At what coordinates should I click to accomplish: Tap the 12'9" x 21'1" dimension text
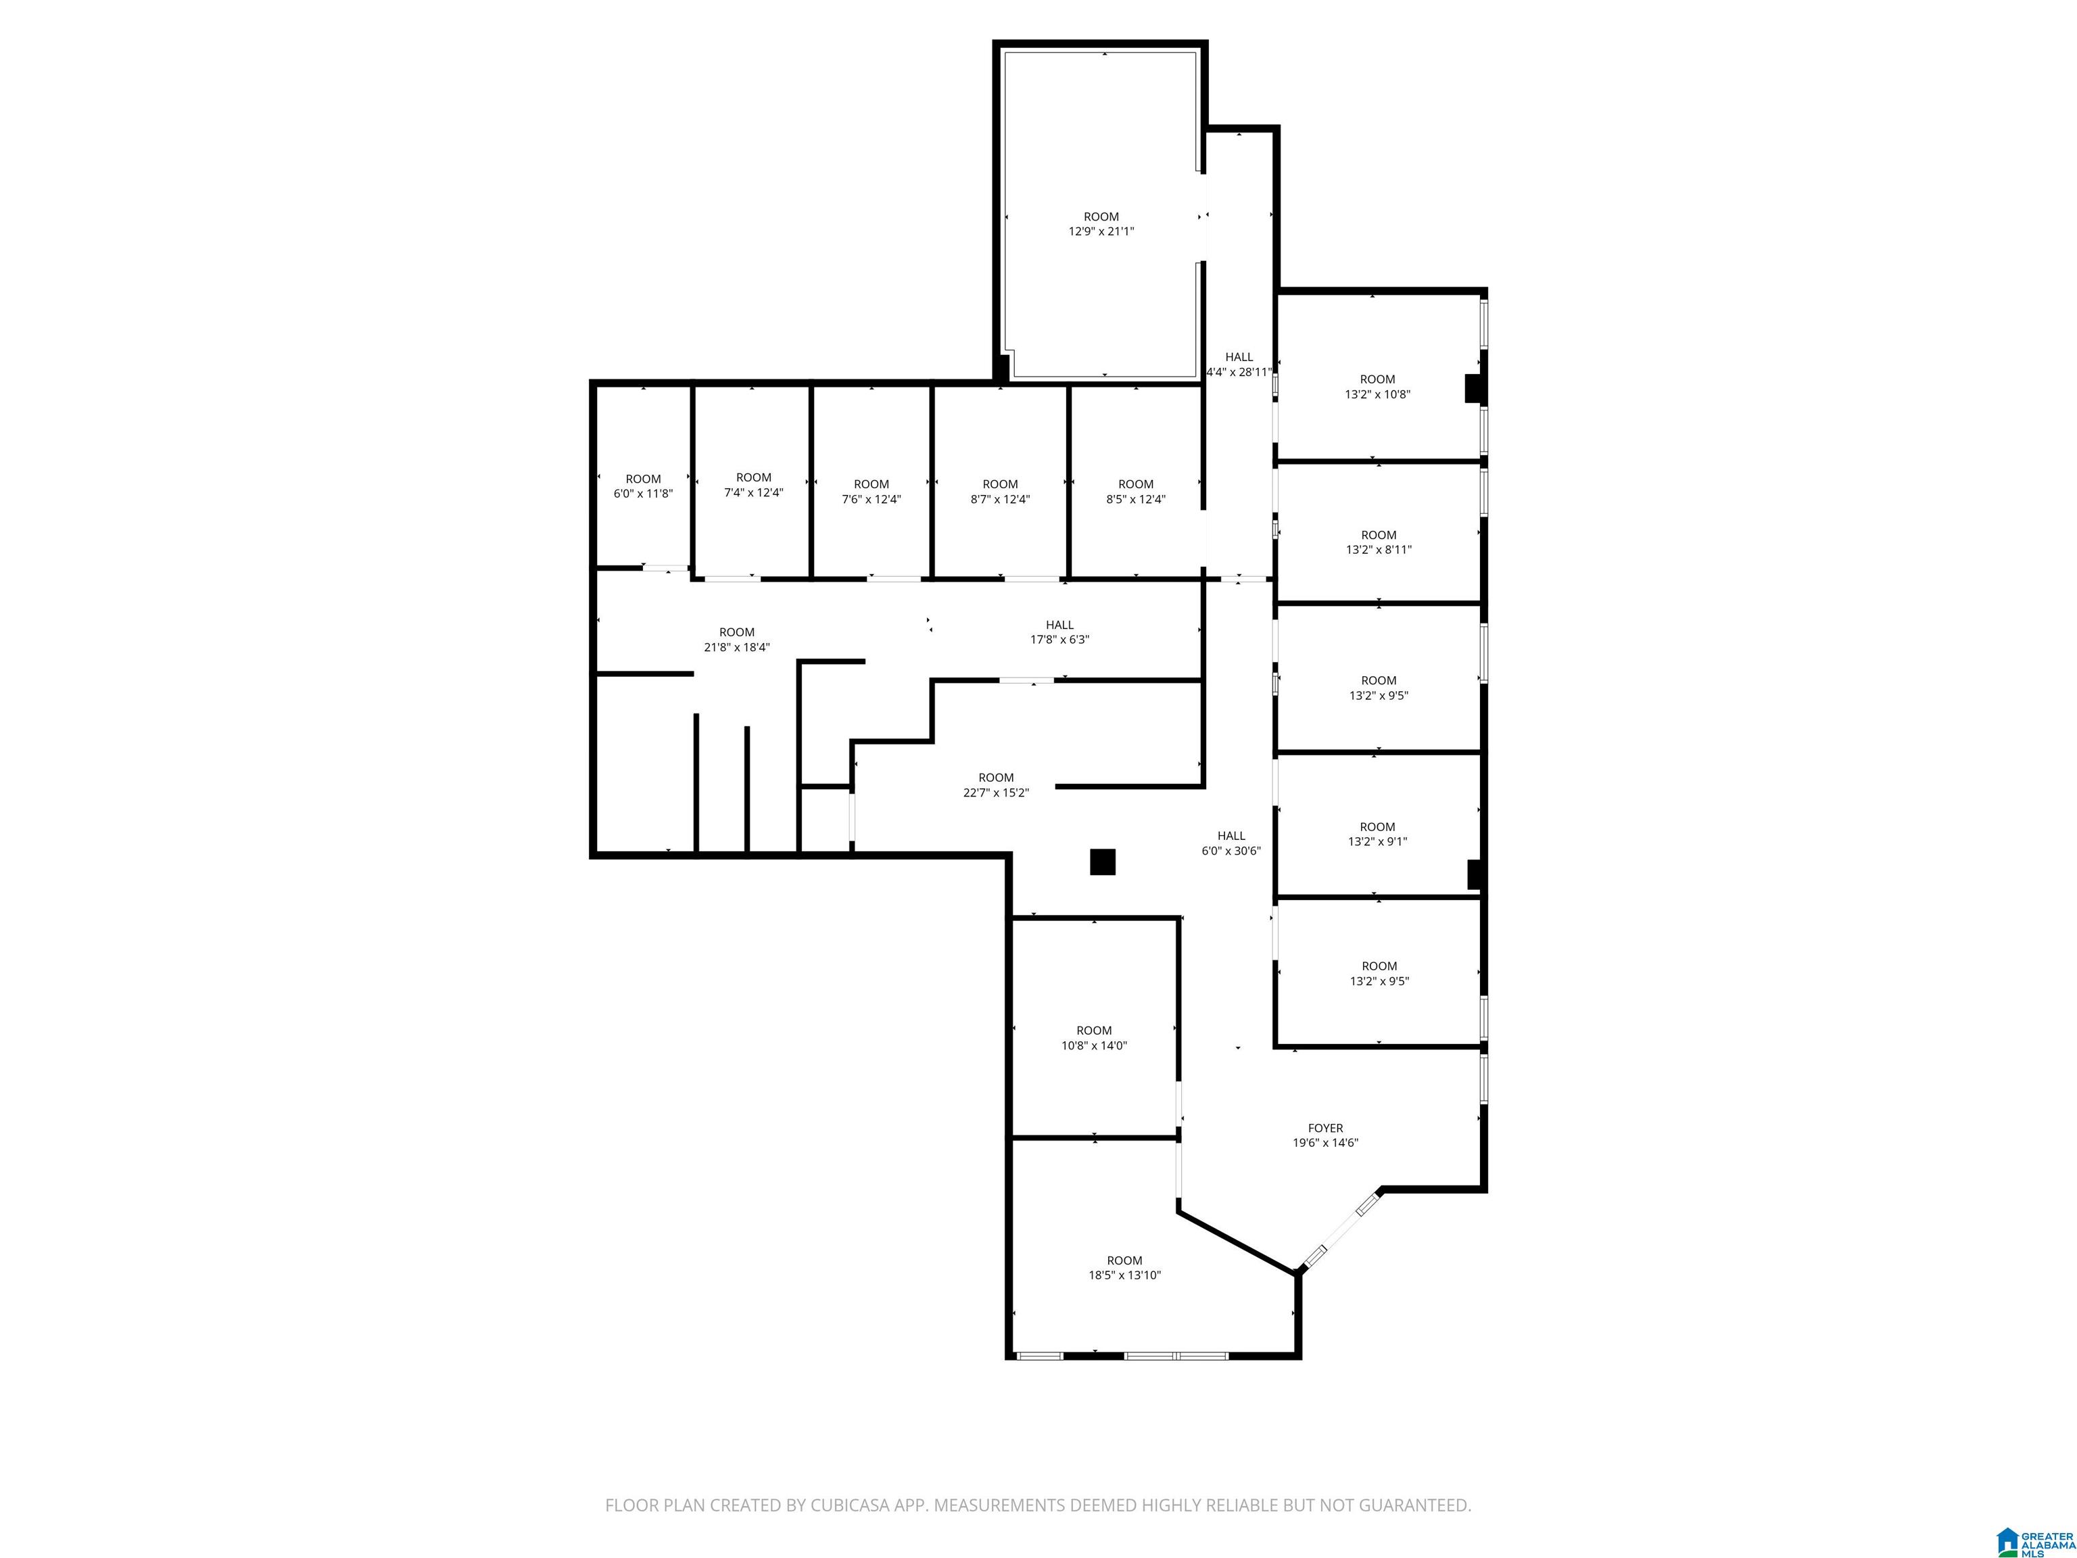pyautogui.click(x=1101, y=231)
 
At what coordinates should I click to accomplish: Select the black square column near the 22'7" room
pyautogui.click(x=1102, y=862)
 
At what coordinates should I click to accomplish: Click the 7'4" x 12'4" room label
pyautogui.click(x=753, y=485)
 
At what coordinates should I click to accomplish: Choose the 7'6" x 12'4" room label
pyautogui.click(x=872, y=491)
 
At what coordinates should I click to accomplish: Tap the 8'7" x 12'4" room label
pyautogui.click(x=1000, y=491)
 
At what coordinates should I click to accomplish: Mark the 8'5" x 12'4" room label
pyautogui.click(x=1136, y=491)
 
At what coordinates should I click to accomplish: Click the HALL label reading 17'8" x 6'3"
pyautogui.click(x=1060, y=632)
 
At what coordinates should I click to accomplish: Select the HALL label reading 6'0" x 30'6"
pyautogui.click(x=1231, y=843)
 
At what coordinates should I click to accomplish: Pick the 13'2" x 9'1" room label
pyautogui.click(x=1377, y=834)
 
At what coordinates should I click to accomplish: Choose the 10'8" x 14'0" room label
pyautogui.click(x=1094, y=1038)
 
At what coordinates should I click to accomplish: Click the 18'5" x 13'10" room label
pyautogui.click(x=1124, y=1268)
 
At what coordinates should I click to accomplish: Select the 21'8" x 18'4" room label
pyautogui.click(x=737, y=640)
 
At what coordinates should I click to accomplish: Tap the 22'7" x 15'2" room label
pyautogui.click(x=997, y=785)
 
